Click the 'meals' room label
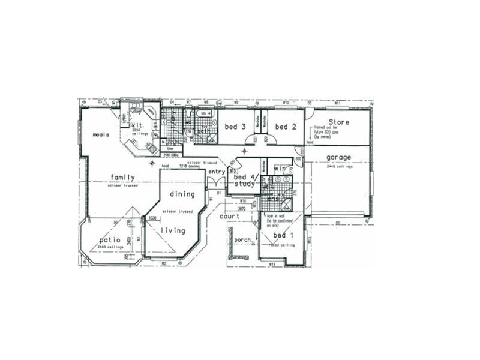tap(100, 135)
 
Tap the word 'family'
tap(122, 177)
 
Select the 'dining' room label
tap(182, 194)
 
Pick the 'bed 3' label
tap(235, 127)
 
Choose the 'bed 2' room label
tap(286, 127)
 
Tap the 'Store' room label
tap(339, 122)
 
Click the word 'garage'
tap(338, 158)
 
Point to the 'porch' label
tap(242, 240)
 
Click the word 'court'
tap(229, 216)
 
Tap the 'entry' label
tap(215, 172)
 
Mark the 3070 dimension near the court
tap(242, 208)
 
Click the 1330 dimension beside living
tap(152, 218)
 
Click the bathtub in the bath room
tap(207, 113)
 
